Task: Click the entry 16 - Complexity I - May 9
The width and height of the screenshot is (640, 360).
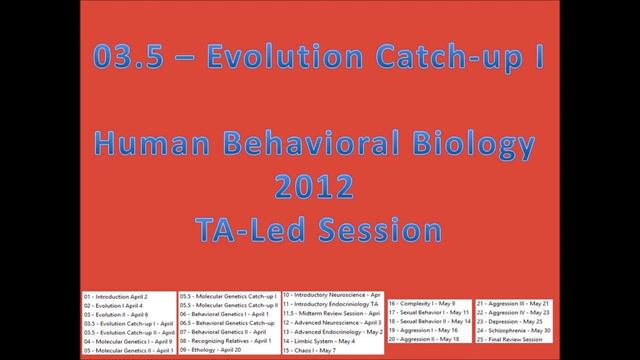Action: click(422, 301)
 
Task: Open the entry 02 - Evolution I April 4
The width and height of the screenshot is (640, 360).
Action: click(114, 306)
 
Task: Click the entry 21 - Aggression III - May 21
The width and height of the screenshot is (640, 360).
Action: click(514, 301)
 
